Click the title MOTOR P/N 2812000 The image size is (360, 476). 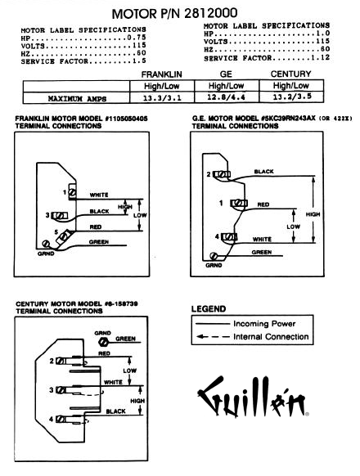(x=175, y=13)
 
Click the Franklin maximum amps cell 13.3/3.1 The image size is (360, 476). (x=162, y=98)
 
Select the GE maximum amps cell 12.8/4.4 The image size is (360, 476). (x=227, y=97)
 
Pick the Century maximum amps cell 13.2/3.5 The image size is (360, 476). (x=291, y=97)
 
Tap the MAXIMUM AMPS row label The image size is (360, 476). (x=77, y=99)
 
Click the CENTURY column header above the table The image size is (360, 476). (x=290, y=74)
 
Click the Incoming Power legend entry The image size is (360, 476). (x=245, y=324)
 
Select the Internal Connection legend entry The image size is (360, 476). (x=252, y=337)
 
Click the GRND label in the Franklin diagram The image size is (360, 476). (x=46, y=254)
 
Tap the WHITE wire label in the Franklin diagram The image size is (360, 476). (x=99, y=195)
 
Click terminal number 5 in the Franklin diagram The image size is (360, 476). (x=56, y=232)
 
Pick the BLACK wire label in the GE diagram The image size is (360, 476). (x=263, y=172)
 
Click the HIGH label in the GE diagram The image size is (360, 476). (x=313, y=214)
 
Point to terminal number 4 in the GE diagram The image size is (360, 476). (x=217, y=236)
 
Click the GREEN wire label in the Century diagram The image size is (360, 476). (x=125, y=339)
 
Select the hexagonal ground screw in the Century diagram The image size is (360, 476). (x=103, y=342)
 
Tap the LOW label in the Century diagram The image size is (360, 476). (x=130, y=370)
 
